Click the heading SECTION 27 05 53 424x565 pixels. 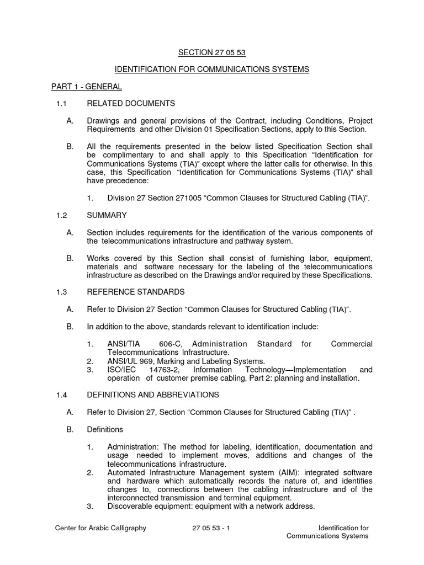211,52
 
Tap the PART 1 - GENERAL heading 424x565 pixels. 87,87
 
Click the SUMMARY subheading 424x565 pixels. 107,215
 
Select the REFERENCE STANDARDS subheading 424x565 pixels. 135,291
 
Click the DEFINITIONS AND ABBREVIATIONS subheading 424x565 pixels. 153,395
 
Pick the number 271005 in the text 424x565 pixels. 188,198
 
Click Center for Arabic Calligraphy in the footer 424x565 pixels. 100,528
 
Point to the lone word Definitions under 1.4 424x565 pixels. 105,429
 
